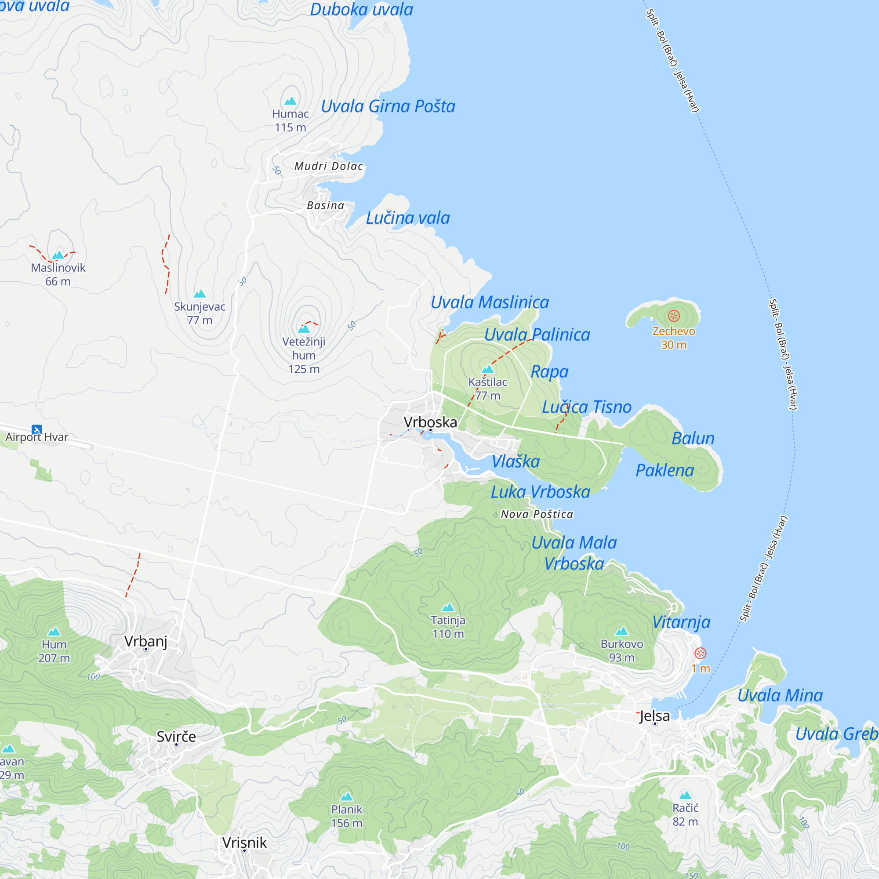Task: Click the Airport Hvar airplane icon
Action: (x=37, y=429)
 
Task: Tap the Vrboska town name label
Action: (x=430, y=422)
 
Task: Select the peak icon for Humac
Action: (x=290, y=101)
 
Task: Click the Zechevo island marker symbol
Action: (x=674, y=316)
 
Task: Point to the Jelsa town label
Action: (x=655, y=716)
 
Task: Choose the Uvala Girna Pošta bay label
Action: (x=388, y=106)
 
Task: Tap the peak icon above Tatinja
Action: (x=448, y=607)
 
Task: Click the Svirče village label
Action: (x=177, y=736)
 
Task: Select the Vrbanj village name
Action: (x=145, y=641)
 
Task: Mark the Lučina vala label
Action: (x=408, y=218)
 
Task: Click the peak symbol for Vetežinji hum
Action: (x=304, y=328)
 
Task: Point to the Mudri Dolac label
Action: (x=329, y=166)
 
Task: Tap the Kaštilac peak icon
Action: (x=488, y=369)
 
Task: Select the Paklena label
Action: (x=665, y=470)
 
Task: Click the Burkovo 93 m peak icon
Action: (x=621, y=631)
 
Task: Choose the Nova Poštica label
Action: (x=537, y=514)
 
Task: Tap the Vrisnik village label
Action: (x=245, y=843)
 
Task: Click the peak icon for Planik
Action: (x=347, y=796)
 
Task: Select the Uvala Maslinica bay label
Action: (x=490, y=302)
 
